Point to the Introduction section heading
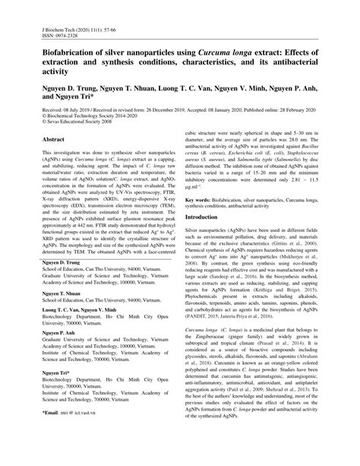[x=201, y=217]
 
